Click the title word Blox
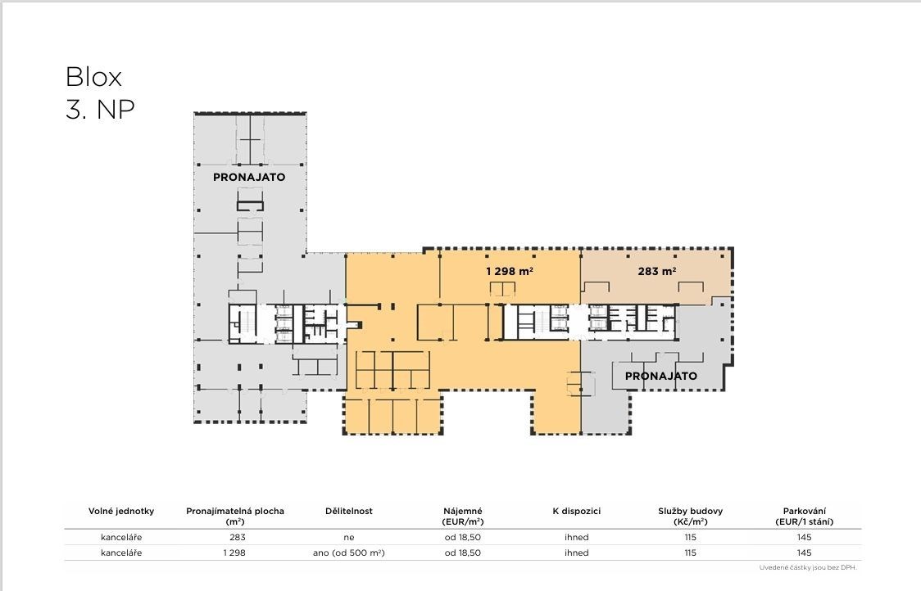point(93,77)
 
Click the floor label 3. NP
point(100,109)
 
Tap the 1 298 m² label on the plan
point(509,271)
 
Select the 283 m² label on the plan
point(656,271)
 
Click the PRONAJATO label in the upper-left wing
point(249,178)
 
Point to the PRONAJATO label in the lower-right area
point(660,377)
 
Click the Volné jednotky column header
point(121,511)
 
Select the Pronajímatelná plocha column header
point(235,516)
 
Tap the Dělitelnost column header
point(349,511)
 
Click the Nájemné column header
point(463,516)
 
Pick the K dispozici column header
point(576,511)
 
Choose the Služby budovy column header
point(690,516)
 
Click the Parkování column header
point(804,516)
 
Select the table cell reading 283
point(238,537)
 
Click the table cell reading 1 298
point(234,553)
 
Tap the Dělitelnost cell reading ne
point(349,537)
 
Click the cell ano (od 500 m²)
point(349,553)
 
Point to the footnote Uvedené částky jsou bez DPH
point(808,567)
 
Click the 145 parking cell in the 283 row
point(804,537)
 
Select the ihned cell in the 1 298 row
point(576,553)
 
